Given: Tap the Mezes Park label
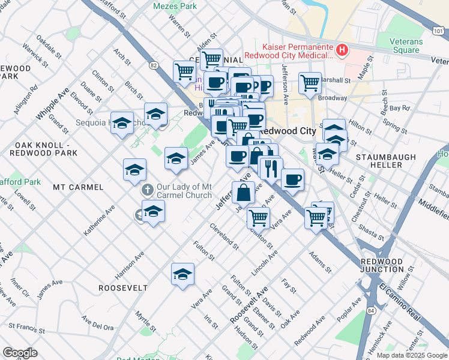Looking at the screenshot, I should (175, 6).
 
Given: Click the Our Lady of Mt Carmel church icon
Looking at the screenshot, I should (147, 190).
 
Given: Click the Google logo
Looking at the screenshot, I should (20, 353).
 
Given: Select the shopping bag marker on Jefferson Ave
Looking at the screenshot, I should (244, 193).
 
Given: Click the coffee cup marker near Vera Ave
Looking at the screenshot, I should (292, 179).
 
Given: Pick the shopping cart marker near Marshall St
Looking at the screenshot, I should (310, 83).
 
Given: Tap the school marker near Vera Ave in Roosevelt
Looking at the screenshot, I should (182, 275).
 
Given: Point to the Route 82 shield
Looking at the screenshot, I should (154, 65).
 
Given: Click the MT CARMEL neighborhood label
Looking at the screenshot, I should (78, 187).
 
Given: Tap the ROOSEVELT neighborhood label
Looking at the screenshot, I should (123, 288).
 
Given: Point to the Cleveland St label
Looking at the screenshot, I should (224, 236).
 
